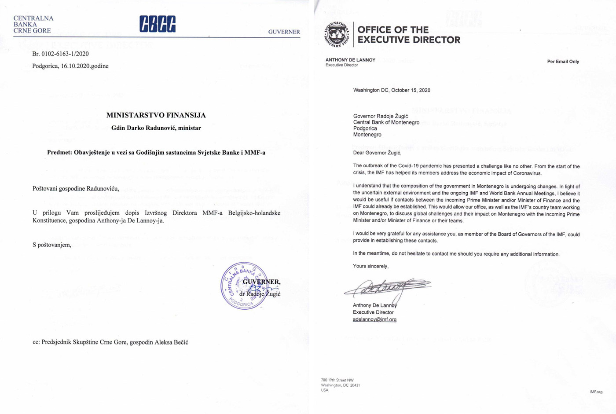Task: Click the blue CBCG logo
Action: point(158,24)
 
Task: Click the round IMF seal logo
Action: point(337,34)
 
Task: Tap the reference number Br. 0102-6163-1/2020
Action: point(60,54)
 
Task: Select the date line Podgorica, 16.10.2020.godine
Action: point(70,66)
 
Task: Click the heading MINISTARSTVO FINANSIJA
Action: point(156,115)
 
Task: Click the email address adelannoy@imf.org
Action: point(374,319)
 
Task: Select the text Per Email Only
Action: point(563,62)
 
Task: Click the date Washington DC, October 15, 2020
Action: point(392,90)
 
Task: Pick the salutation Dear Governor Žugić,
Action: point(377,153)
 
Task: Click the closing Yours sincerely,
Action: point(370,266)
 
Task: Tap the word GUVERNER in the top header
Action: point(284,32)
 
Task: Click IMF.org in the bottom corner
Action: point(596,392)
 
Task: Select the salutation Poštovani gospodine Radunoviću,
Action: point(76,189)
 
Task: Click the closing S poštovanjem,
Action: point(52,245)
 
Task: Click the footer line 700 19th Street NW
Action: point(337,380)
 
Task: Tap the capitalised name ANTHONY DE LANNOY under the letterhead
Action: point(350,60)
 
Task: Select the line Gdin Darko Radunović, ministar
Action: point(156,128)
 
